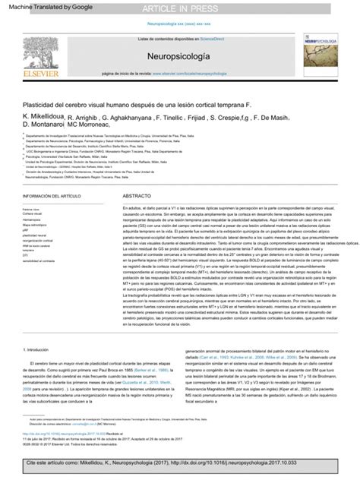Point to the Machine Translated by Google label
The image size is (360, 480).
[36, 7]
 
